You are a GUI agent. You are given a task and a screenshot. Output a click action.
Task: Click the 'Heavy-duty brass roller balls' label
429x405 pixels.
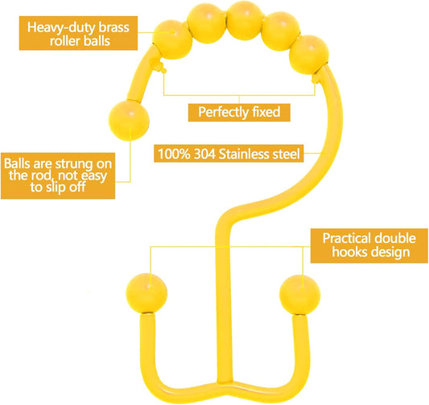78,33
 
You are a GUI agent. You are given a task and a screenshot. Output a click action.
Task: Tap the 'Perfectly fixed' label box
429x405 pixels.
239,112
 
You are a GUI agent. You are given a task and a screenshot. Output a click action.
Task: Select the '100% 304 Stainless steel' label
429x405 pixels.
229,154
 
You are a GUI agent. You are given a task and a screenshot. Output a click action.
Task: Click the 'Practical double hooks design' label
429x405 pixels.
369,246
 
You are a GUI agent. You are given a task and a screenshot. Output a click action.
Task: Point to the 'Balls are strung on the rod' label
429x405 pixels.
58,176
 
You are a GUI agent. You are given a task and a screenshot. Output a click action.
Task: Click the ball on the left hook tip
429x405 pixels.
146,293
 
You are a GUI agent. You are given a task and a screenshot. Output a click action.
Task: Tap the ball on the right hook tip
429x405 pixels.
299,295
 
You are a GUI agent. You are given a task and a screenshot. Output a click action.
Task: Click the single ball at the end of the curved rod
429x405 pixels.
129,121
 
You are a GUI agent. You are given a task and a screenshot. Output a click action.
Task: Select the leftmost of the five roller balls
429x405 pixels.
172,39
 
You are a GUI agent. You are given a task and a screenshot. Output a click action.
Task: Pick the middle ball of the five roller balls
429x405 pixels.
245,21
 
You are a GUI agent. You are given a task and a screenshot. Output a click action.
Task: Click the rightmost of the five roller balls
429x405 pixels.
309,55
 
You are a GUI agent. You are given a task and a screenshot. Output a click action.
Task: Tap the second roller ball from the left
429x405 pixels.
207,23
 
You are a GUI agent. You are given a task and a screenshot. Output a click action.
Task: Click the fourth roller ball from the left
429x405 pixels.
280,31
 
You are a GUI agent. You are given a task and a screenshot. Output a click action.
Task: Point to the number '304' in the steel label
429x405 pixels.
204,154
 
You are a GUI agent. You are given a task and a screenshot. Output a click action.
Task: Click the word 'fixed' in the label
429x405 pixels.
266,112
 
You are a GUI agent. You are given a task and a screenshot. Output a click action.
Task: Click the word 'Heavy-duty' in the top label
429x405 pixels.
61,28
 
